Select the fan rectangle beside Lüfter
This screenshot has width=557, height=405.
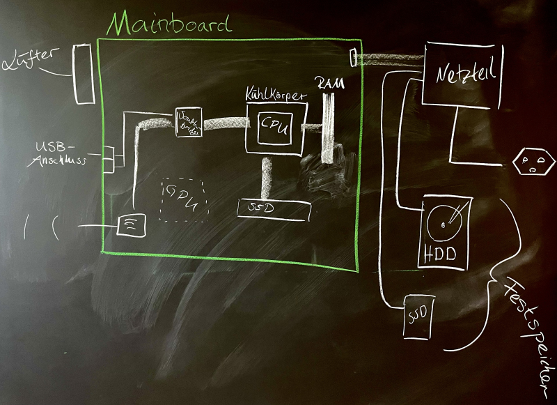pyautogui.click(x=84, y=72)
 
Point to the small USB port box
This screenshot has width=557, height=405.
pyautogui.click(x=111, y=158)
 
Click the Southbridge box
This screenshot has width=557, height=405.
pyautogui.click(x=189, y=123)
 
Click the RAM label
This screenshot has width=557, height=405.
pyautogui.click(x=328, y=83)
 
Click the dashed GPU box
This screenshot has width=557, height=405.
pyautogui.click(x=182, y=200)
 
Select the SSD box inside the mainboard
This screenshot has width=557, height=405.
pyautogui.click(x=273, y=210)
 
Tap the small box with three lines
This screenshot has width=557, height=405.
pyautogui.click(x=130, y=224)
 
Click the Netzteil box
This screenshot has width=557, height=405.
pyautogui.click(x=462, y=75)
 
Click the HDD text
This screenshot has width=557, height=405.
pyautogui.click(x=440, y=254)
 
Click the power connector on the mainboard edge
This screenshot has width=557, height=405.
pyautogui.click(x=353, y=56)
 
